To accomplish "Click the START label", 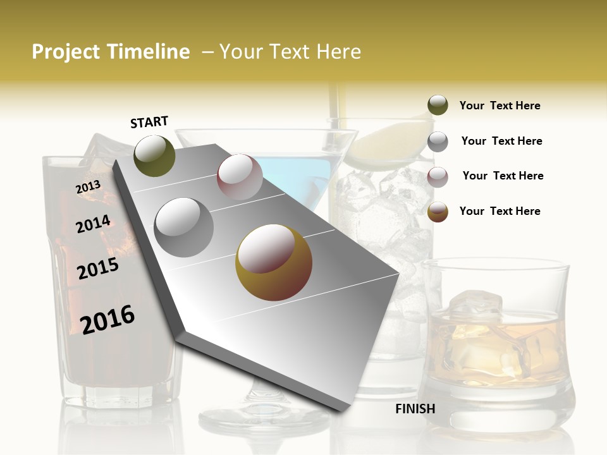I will pyautogui.click(x=149, y=122).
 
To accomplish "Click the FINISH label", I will pyautogui.click(x=415, y=409).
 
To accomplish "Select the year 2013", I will pyautogui.click(x=88, y=187).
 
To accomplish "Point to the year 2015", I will pyautogui.click(x=98, y=269).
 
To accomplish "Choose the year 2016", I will pyautogui.click(x=107, y=319).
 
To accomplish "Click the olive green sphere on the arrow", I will pyautogui.click(x=155, y=155).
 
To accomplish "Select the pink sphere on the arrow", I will pyautogui.click(x=240, y=177).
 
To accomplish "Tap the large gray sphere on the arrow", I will pyautogui.click(x=184, y=227).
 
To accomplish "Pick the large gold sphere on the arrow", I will pyautogui.click(x=274, y=262).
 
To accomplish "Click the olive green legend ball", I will pyautogui.click(x=438, y=106).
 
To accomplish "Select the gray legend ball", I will pyautogui.click(x=438, y=142).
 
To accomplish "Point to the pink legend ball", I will pyautogui.click(x=438, y=177).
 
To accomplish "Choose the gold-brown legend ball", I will pyautogui.click(x=438, y=212).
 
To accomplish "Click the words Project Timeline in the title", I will pyautogui.click(x=111, y=52).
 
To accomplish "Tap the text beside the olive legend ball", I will pyautogui.click(x=500, y=106).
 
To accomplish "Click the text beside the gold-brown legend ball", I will pyautogui.click(x=500, y=211).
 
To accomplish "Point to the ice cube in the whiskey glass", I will pyautogui.click(x=481, y=306).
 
